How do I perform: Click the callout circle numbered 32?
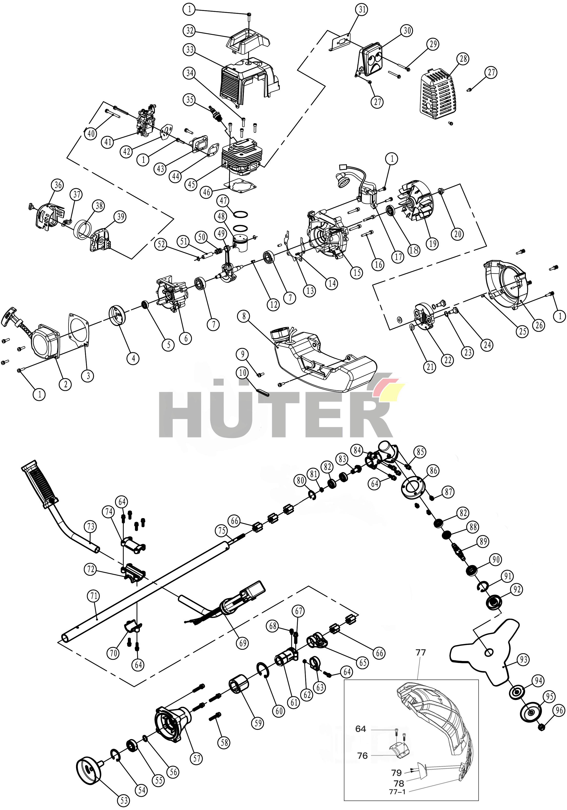[x=190, y=30]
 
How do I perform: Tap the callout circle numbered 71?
[x=94, y=596]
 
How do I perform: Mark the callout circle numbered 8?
[x=244, y=316]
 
